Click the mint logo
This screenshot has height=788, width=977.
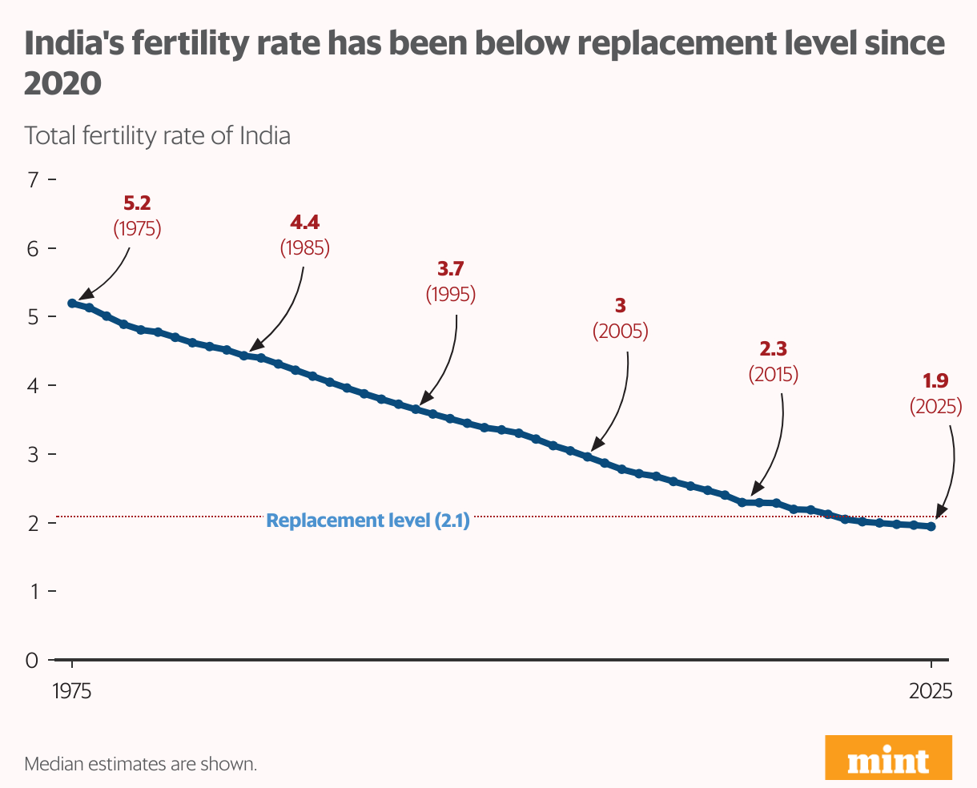[888, 757]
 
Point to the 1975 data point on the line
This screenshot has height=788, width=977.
[72, 304]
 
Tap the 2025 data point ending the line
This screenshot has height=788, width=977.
[931, 526]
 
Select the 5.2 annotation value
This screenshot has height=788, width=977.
[137, 204]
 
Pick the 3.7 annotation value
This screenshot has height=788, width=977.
[450, 270]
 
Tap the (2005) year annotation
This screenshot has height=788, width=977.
[620, 331]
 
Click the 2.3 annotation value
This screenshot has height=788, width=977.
[773, 349]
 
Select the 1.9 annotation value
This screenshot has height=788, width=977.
[935, 383]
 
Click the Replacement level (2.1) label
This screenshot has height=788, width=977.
[368, 521]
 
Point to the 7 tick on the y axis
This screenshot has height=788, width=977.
[33, 179]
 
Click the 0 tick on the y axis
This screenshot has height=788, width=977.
[32, 661]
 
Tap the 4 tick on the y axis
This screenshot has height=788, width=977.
[33, 386]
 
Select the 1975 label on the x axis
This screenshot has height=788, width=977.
[72, 691]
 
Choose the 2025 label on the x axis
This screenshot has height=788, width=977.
[931, 691]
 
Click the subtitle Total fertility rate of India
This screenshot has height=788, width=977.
[157, 135]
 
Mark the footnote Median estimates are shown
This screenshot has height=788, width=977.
[140, 764]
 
